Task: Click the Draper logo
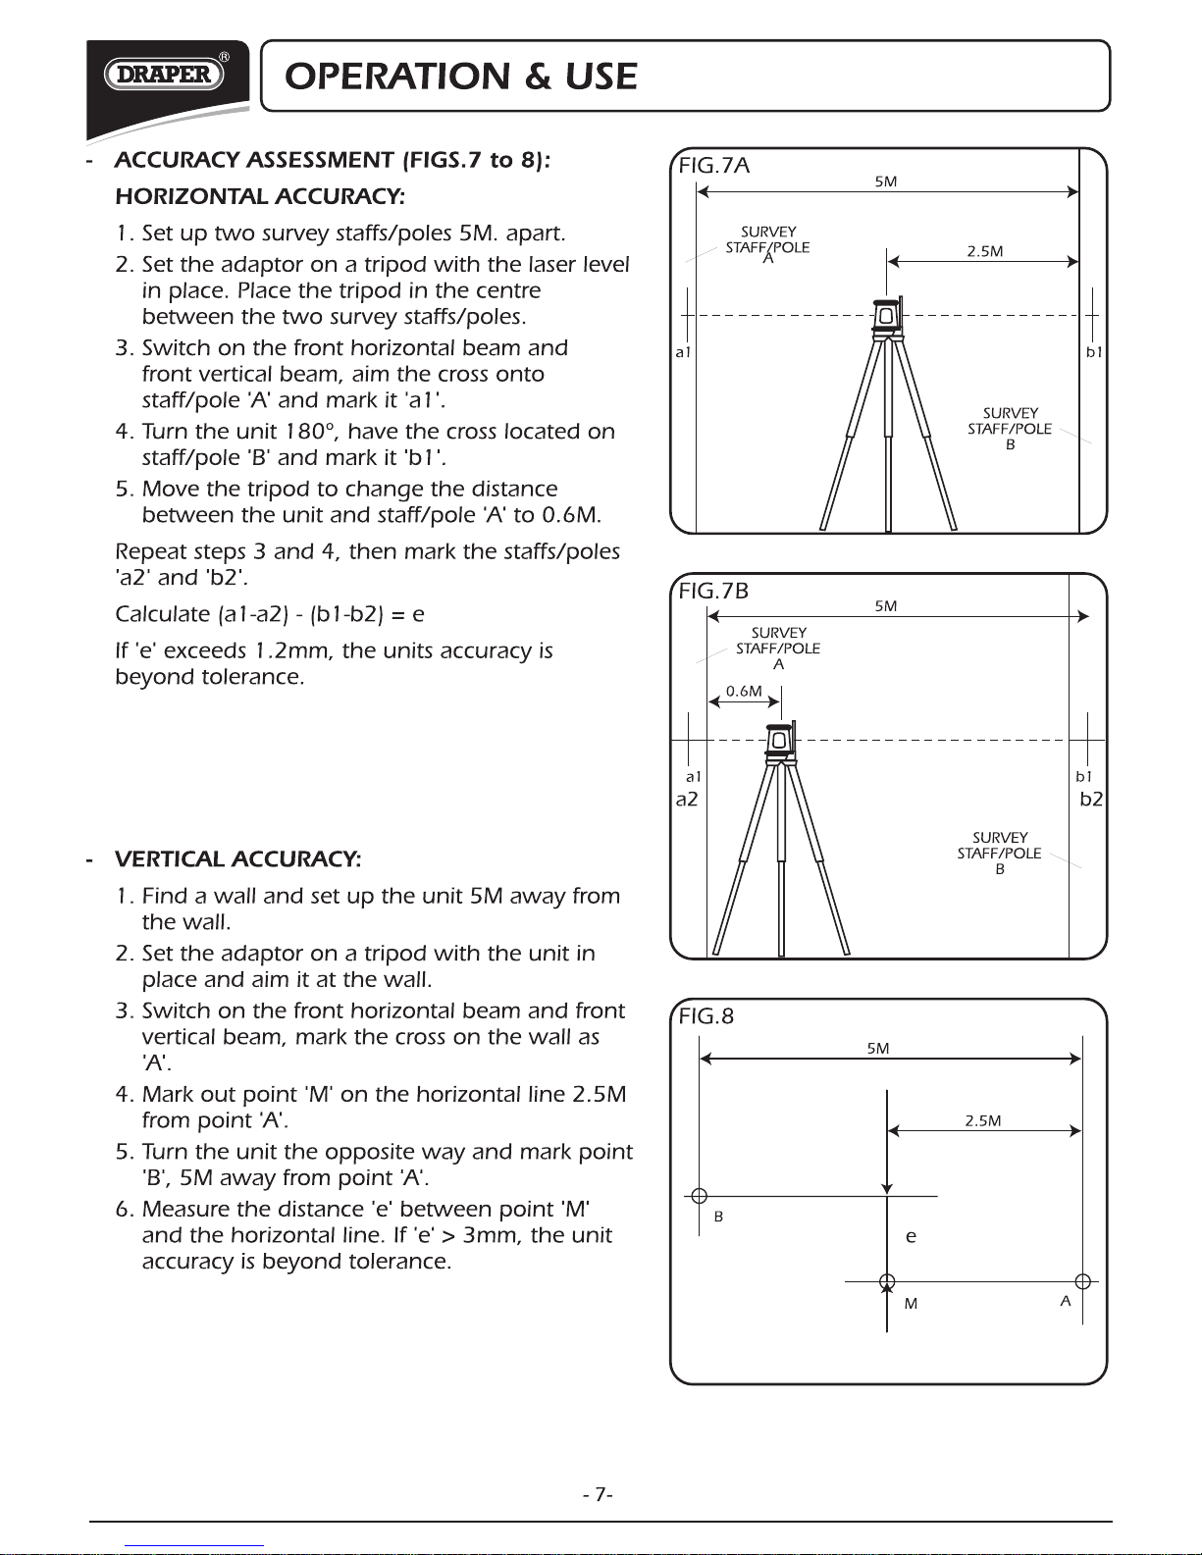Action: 165,75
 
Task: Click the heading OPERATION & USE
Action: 461,77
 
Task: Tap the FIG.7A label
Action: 714,166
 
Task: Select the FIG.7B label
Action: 714,591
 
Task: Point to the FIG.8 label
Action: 706,1016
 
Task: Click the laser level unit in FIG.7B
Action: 780,741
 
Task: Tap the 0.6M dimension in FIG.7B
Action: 744,691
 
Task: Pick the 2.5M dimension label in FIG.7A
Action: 984,251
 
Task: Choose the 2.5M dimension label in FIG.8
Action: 982,1120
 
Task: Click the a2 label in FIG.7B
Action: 687,800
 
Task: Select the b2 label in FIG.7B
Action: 1091,800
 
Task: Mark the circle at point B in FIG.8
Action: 699,1196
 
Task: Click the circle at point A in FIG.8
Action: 1083,1281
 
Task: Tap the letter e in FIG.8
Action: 911,1237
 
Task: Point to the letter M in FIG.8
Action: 911,1304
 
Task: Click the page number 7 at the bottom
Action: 598,1494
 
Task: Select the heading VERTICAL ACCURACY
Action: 237,859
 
